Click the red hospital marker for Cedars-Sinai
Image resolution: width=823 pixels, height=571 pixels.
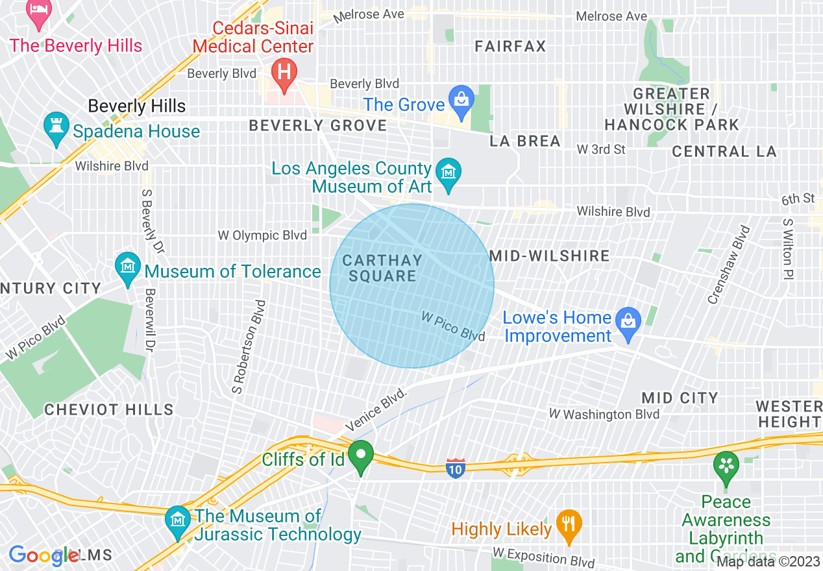pos(284,70)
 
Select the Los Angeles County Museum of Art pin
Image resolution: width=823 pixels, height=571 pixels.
pos(448,173)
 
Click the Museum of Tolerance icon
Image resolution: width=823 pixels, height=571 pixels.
pos(128,267)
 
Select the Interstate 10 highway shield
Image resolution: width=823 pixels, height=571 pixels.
pos(456,468)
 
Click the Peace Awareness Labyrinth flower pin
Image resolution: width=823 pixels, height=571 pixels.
pos(726,467)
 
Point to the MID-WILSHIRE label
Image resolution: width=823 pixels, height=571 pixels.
pos(549,256)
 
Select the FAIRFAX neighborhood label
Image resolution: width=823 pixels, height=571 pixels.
pos(510,46)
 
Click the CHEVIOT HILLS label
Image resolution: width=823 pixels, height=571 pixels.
pos(109,409)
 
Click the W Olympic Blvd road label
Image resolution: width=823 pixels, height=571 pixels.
pos(262,235)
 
